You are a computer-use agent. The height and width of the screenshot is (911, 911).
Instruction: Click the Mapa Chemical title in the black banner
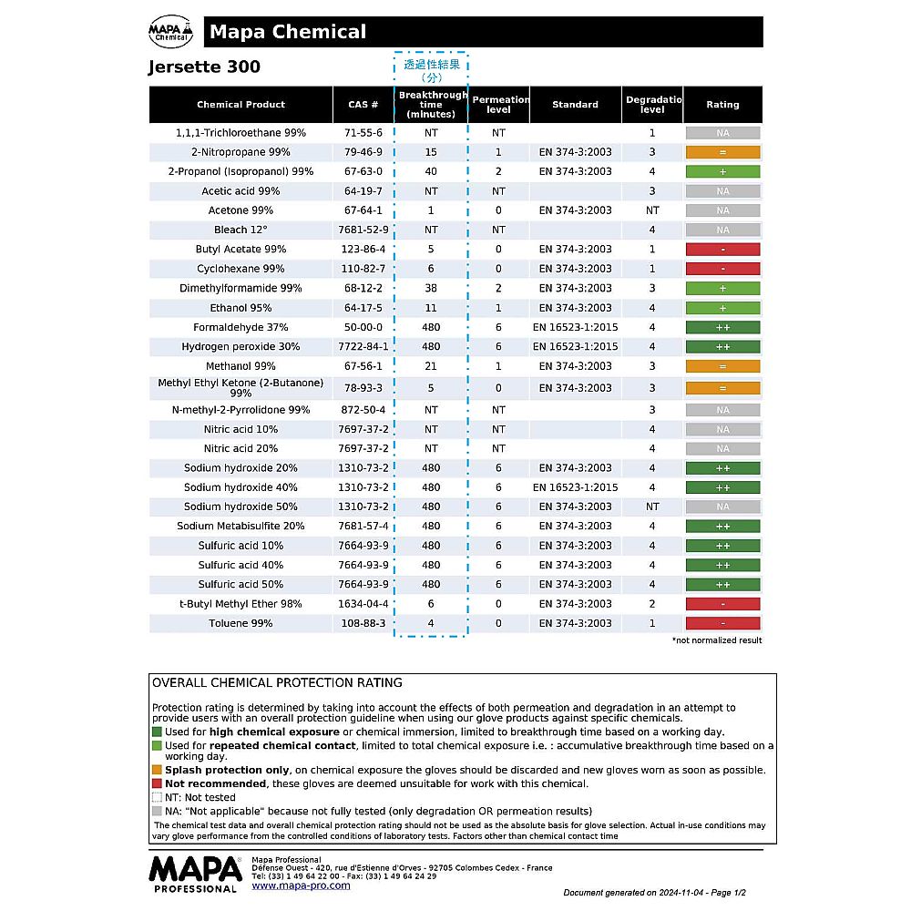pyautogui.click(x=288, y=33)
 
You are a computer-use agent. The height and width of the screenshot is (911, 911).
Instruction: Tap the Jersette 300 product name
pyautogui.click(x=204, y=67)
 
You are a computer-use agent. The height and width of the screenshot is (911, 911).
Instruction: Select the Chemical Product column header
pyautogui.click(x=241, y=105)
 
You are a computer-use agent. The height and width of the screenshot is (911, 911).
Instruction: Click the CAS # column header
pyautogui.click(x=363, y=105)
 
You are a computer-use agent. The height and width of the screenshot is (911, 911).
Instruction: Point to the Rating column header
pyautogui.click(x=722, y=105)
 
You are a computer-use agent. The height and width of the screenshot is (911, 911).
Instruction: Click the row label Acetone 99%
pyautogui.click(x=241, y=210)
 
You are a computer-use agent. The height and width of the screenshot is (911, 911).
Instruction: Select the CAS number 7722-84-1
pyautogui.click(x=363, y=346)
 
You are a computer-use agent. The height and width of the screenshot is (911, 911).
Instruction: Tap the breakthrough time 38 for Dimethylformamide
pyautogui.click(x=431, y=288)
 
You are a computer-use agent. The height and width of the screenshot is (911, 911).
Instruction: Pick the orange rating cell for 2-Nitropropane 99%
pyautogui.click(x=722, y=152)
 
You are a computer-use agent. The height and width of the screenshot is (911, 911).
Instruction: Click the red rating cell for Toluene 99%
pyautogui.click(x=722, y=623)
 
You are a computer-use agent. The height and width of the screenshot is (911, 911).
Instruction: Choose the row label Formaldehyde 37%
pyautogui.click(x=241, y=327)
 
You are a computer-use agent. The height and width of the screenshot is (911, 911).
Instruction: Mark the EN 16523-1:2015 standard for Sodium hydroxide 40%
pyautogui.click(x=575, y=487)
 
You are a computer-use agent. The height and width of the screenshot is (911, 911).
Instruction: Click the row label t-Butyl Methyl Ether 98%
pyautogui.click(x=241, y=604)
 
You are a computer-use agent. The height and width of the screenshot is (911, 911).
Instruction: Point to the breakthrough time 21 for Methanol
pyautogui.click(x=431, y=366)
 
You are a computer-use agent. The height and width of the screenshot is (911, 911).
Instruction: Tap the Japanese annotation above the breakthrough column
pyautogui.click(x=431, y=70)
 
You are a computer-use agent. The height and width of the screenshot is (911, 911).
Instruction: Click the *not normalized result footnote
pyautogui.click(x=717, y=640)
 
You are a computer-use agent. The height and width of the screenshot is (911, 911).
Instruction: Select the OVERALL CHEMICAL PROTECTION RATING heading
pyautogui.click(x=277, y=682)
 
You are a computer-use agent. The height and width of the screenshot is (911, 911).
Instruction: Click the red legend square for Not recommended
pyautogui.click(x=158, y=783)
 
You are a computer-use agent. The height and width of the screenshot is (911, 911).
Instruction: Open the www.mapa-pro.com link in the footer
pyautogui.click(x=301, y=885)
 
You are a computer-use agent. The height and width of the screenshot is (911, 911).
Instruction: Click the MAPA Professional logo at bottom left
pyautogui.click(x=194, y=873)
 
